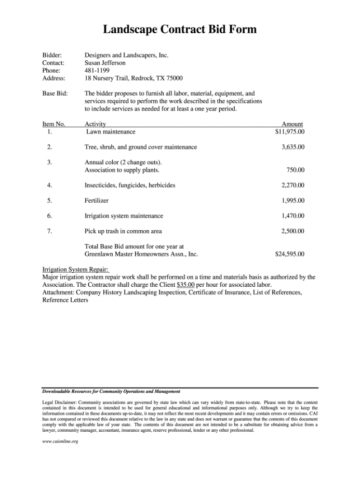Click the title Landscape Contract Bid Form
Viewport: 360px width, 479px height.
coord(180,29)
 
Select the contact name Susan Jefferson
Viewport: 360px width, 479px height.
coord(105,62)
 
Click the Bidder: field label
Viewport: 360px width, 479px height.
coord(52,55)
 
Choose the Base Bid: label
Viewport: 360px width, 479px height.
coord(54,94)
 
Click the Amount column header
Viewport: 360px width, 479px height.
coord(292,124)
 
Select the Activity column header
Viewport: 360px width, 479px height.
coord(95,124)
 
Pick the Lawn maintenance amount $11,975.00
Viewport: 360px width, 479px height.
coord(289,132)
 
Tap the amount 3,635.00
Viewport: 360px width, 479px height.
coord(293,147)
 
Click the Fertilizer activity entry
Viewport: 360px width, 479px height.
coord(97,201)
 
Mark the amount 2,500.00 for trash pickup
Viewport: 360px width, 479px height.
coord(293,231)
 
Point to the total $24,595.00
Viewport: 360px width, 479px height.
coord(289,255)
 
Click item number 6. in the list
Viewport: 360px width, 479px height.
coord(49,216)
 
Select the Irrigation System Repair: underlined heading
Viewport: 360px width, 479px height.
coord(75,270)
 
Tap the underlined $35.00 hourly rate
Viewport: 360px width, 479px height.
coord(185,285)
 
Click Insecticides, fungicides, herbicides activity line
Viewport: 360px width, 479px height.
coord(130,185)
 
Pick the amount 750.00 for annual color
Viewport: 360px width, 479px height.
coord(296,170)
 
